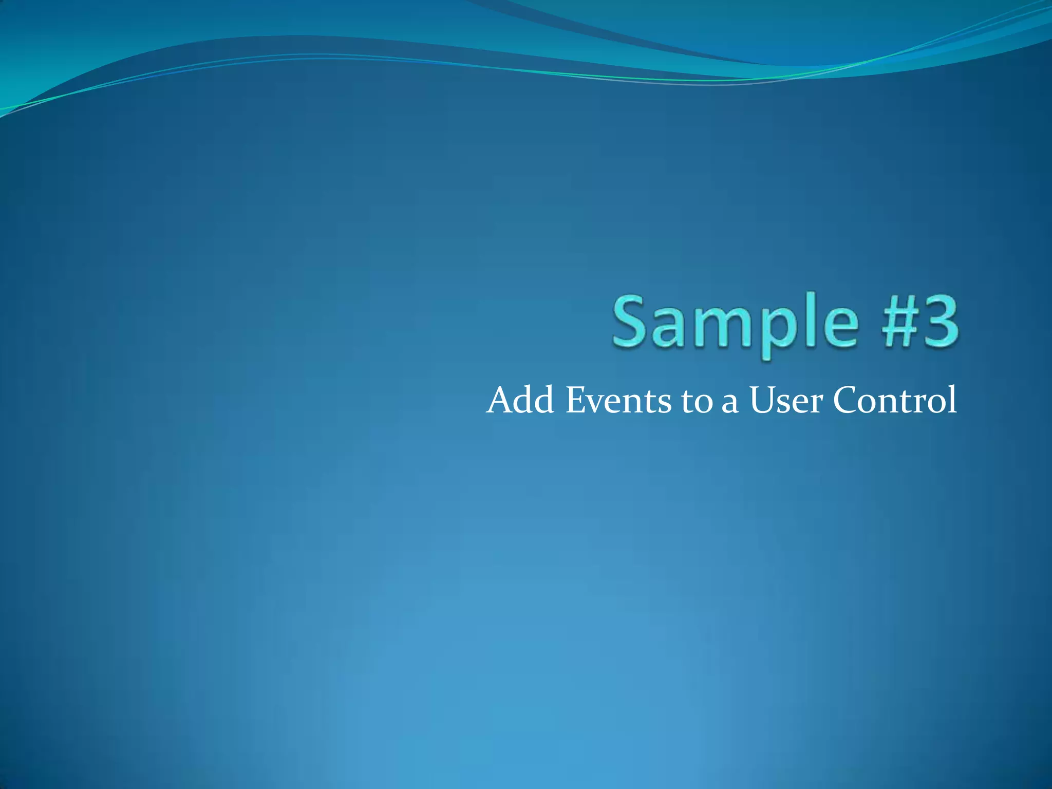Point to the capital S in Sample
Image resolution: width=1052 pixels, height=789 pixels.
coord(631,322)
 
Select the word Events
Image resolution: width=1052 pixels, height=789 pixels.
coord(618,400)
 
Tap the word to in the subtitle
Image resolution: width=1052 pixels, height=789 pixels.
coord(697,402)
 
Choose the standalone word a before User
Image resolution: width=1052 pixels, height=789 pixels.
coord(730,404)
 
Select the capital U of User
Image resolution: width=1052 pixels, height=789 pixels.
coord(762,400)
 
